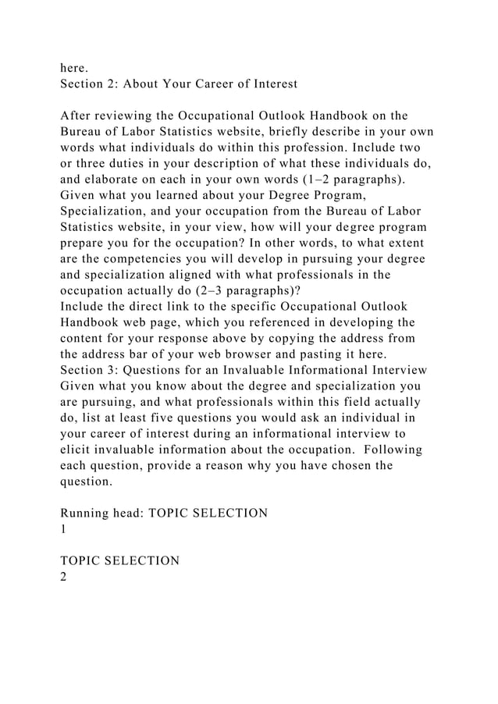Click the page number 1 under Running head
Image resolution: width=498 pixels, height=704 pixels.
tap(64, 529)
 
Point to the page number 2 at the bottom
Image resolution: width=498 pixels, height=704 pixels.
tap(64, 577)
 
